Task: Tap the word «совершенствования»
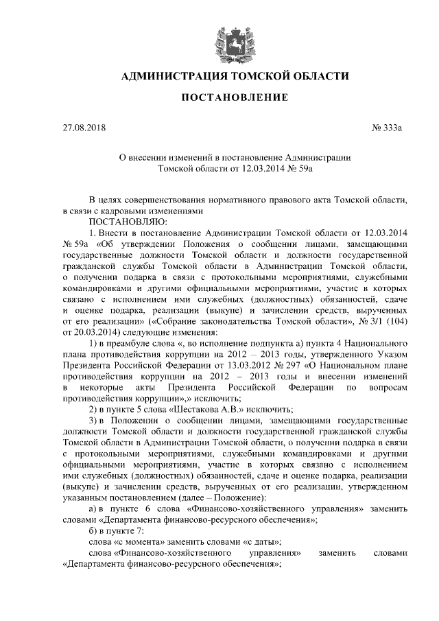[168, 200]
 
